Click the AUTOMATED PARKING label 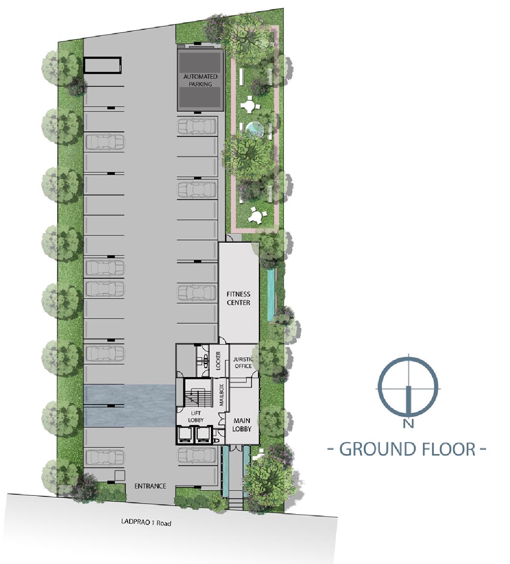tap(200, 80)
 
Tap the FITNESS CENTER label tap(238, 298)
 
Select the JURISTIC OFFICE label tap(243, 362)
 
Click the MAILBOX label tap(221, 395)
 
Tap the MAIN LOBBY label tap(242, 424)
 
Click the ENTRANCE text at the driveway tap(150, 486)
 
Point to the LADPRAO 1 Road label tap(146, 523)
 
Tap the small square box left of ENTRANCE tap(119, 475)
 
